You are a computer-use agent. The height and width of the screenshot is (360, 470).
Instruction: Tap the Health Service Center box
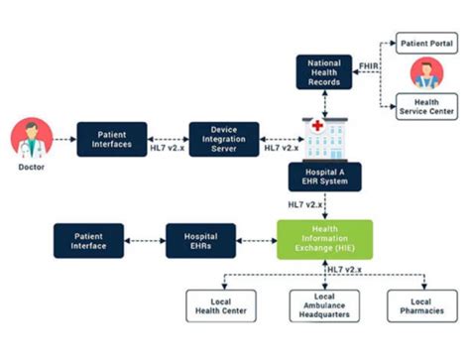[426, 107]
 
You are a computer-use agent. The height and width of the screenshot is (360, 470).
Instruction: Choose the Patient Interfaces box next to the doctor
[112, 138]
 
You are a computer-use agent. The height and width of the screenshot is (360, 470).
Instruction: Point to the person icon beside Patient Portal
[426, 72]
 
